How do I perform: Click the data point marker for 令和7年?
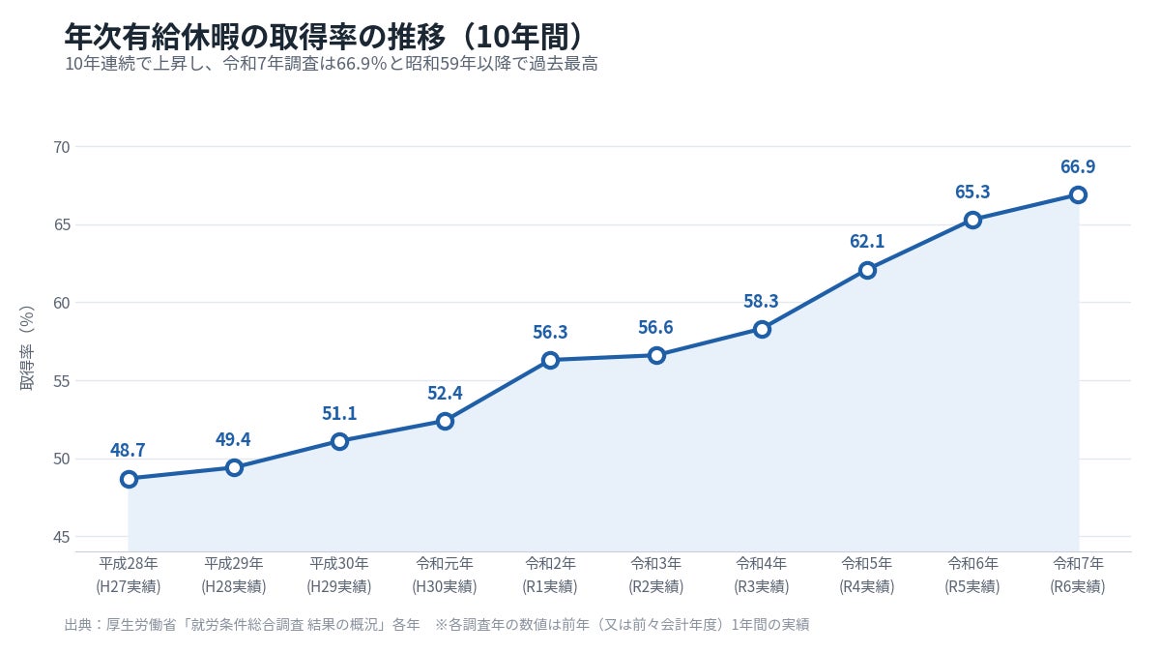1078,194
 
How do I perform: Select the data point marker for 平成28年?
129,479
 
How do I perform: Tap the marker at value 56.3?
550,360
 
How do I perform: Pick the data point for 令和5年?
867,270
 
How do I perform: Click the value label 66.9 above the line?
1078,166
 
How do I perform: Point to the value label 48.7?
128,450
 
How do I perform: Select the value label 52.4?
445,393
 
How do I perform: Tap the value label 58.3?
762,301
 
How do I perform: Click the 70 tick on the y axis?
62,147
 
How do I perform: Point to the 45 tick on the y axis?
62,537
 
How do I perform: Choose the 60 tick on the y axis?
62,303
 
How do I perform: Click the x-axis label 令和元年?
445,563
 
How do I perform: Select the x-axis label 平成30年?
339,563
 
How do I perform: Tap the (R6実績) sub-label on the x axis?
1078,586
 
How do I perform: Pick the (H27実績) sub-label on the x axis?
129,586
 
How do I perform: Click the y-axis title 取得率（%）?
27,347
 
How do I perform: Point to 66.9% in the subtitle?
362,64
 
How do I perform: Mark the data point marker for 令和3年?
656,356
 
